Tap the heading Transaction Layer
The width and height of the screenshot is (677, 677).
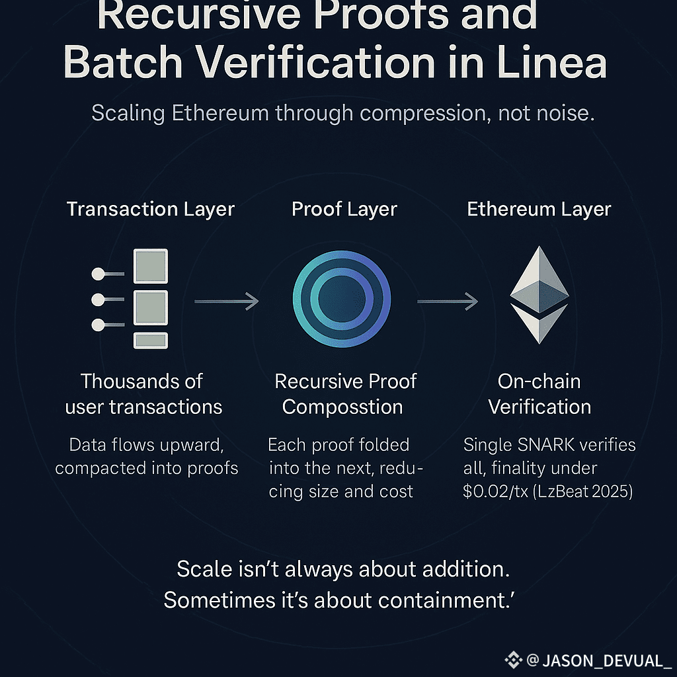[151, 210]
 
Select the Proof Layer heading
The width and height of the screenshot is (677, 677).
[344, 210]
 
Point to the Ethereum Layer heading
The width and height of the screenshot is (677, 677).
[539, 210]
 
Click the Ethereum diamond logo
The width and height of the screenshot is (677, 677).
[539, 295]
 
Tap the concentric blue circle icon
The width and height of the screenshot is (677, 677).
[342, 298]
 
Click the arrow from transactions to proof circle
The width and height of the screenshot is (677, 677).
[226, 302]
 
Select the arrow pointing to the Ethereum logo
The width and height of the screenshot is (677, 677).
[447, 302]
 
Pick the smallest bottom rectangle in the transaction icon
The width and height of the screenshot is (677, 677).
[151, 340]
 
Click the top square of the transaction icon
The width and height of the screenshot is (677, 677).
[151, 266]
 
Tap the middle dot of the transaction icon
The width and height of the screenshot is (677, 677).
[98, 299]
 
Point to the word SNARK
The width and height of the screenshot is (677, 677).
[535, 445]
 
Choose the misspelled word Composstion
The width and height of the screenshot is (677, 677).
[342, 407]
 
